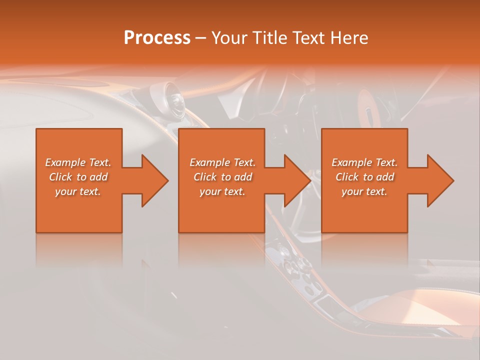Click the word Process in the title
coord(157,38)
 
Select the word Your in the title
coord(228,38)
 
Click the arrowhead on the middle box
coord(297,180)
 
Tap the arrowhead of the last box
coord(440,180)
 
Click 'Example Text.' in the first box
coord(78,162)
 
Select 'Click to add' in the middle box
coord(222,177)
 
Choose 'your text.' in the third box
coord(364,191)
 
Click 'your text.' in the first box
coord(78,191)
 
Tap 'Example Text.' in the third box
coord(364,162)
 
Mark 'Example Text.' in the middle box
coord(222,162)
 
